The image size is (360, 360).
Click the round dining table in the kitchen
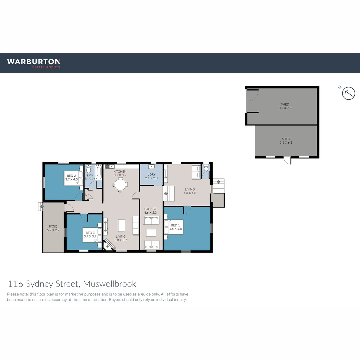click(120, 185)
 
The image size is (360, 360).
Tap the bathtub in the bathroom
click(99, 172)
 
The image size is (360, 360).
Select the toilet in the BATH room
click(89, 169)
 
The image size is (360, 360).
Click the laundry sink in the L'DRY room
click(152, 167)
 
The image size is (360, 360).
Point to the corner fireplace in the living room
click(109, 245)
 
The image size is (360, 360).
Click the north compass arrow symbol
click(349, 93)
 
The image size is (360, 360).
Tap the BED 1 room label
click(175, 225)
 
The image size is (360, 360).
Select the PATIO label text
click(53, 226)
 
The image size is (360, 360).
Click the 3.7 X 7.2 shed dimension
click(285, 108)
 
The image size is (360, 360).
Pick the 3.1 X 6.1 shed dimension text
click(286, 143)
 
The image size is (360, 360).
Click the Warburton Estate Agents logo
click(34, 63)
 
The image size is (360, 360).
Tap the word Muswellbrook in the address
click(110, 284)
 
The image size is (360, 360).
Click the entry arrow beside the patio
click(41, 207)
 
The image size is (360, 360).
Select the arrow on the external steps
click(219, 182)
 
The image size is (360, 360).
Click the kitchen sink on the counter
click(110, 166)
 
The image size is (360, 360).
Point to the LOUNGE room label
click(150, 209)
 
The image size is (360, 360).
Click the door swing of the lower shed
click(287, 161)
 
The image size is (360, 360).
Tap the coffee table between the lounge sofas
click(151, 233)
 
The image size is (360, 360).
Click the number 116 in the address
click(15, 284)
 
